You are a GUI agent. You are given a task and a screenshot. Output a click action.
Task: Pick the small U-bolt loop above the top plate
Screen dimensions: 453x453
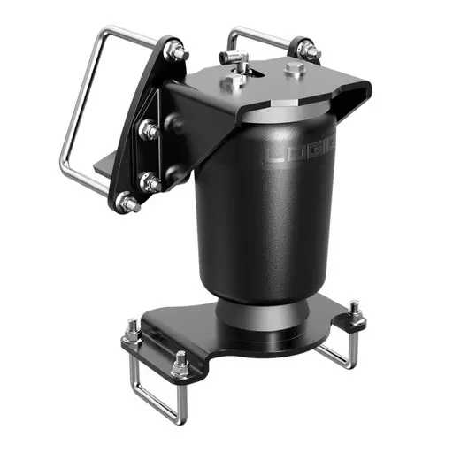pos(257,37)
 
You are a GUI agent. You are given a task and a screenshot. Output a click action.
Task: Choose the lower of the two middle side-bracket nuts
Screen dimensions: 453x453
pos(150,184)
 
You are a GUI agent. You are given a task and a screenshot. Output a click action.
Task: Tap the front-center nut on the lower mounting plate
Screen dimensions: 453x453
pos(180,363)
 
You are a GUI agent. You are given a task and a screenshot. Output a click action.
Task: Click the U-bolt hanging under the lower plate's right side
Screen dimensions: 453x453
pos(341,354)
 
